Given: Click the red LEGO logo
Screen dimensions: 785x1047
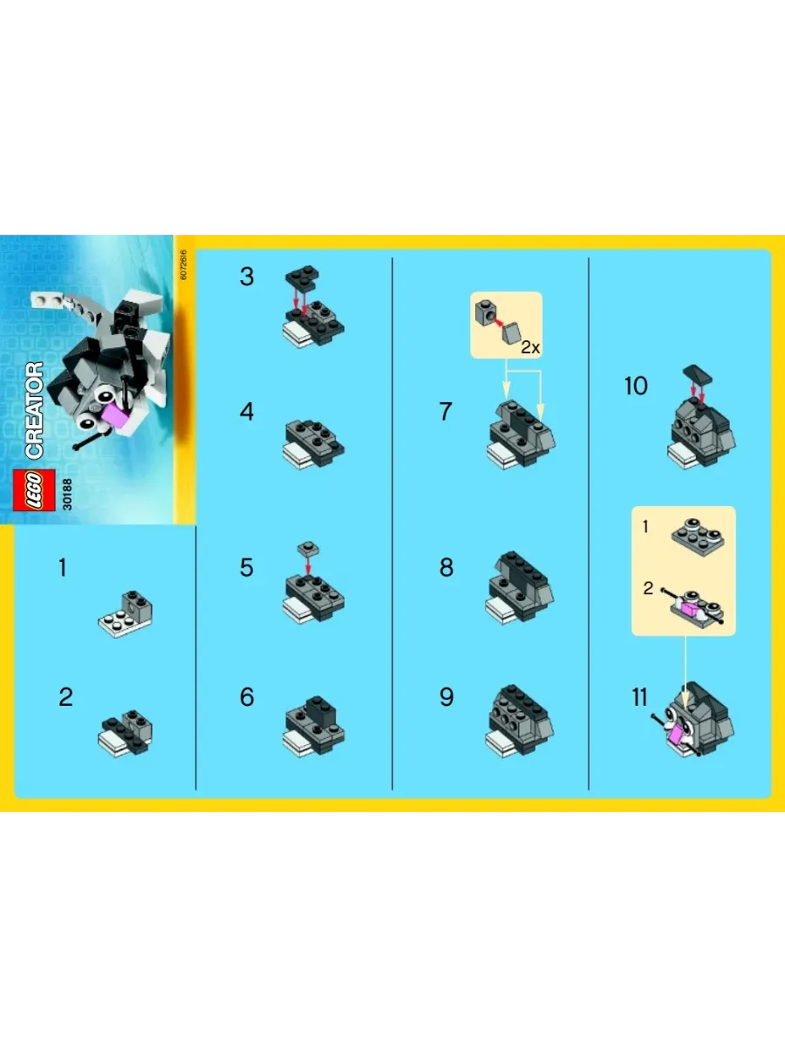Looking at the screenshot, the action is click(x=34, y=489).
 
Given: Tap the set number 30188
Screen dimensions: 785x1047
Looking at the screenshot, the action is click(x=67, y=495).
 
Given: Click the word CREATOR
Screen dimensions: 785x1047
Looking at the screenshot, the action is click(x=34, y=410).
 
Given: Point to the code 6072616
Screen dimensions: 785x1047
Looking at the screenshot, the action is click(x=184, y=264).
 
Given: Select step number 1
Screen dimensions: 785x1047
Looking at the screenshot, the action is click(x=63, y=568).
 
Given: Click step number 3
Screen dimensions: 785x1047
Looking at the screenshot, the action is click(x=247, y=277).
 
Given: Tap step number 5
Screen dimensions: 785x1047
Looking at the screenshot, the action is click(x=247, y=568).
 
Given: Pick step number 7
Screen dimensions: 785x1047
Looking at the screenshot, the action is click(x=446, y=412).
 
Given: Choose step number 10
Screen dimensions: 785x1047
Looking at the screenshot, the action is click(x=637, y=387).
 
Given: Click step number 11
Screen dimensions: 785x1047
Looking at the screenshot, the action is click(x=639, y=698).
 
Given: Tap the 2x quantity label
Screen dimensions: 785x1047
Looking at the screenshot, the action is click(x=530, y=347).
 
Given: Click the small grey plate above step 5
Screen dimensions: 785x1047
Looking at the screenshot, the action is click(x=308, y=550).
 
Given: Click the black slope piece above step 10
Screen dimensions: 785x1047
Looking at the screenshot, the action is click(x=697, y=374).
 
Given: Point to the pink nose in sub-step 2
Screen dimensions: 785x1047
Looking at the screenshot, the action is click(x=691, y=609).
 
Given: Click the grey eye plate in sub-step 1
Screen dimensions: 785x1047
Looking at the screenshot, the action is click(x=698, y=537).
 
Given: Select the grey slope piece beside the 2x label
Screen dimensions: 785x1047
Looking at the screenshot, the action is click(x=511, y=333).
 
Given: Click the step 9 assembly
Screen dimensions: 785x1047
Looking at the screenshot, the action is click(x=520, y=721).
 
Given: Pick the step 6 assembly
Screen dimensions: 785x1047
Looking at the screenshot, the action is click(x=313, y=726).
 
